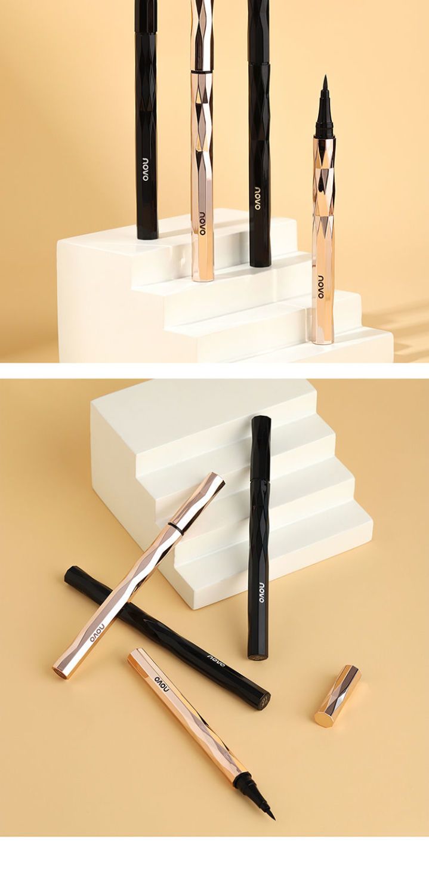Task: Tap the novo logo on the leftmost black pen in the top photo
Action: (146, 170)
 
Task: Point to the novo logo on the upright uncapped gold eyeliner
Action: (322, 287)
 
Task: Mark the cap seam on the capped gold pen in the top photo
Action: (202, 72)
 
